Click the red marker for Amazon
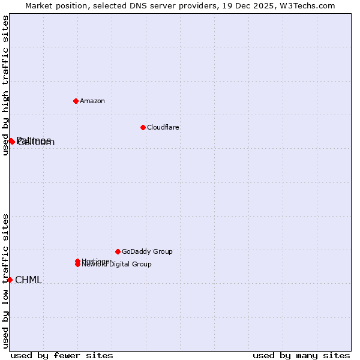coord(76,101)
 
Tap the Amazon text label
coord(92,101)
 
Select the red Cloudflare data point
coord(143,127)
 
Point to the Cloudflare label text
coord(163,127)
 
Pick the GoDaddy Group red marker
coord(118,251)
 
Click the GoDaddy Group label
coord(147,251)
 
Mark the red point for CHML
coord(10,280)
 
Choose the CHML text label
coord(28,280)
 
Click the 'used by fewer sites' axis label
coord(62,355)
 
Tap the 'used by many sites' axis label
coord(301,355)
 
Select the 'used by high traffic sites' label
coord(6,85)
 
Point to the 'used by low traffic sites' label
coord(6,281)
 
